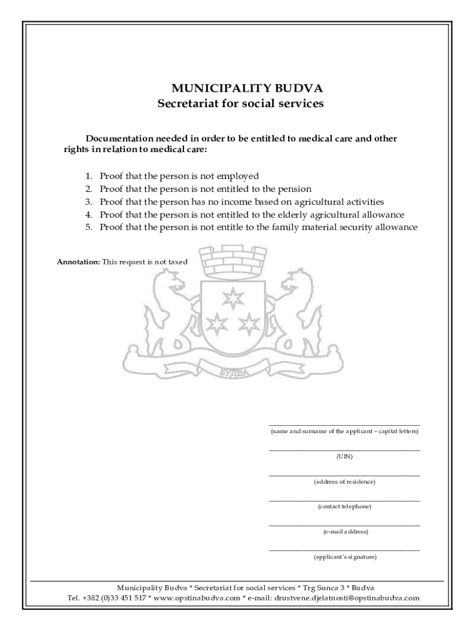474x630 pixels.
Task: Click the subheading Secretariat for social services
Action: [239, 103]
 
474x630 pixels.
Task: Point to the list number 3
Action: [89, 202]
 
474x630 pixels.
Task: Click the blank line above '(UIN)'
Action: [344, 450]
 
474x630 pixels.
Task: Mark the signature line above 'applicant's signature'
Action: [344, 550]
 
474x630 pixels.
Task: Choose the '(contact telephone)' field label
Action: [344, 506]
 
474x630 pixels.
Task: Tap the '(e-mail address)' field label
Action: [344, 532]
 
